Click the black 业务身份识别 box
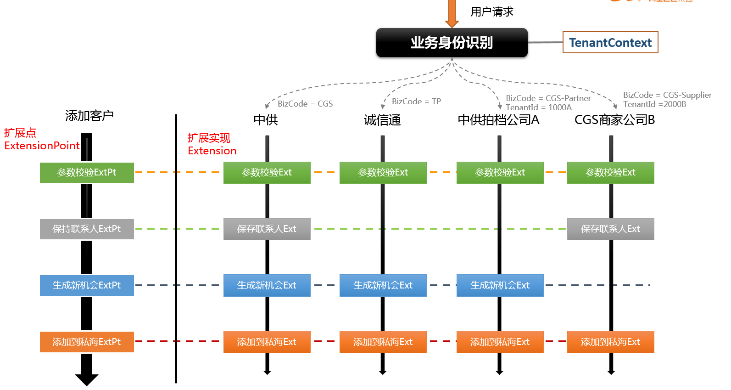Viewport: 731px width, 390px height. [452, 43]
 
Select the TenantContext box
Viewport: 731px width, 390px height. [610, 43]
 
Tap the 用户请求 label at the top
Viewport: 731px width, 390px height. [492, 12]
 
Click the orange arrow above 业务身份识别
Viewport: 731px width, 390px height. [452, 14]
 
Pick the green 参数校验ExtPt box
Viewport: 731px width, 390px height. [87, 173]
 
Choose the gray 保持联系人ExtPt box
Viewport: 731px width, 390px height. [87, 229]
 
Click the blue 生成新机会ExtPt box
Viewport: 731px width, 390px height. [87, 285]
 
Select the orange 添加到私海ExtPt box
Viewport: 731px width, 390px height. [87, 342]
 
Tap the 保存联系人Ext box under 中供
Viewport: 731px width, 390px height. [267, 229]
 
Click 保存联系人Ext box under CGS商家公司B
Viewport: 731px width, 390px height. [610, 229]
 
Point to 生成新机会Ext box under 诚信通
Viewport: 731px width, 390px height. [383, 285]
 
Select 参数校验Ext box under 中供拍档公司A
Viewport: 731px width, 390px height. [500, 173]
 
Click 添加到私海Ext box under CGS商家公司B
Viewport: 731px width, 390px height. [610, 342]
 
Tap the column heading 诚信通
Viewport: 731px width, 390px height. [382, 120]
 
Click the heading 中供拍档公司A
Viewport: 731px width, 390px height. [498, 120]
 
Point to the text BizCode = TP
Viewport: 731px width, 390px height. [416, 102]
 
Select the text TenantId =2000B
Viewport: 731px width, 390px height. [654, 104]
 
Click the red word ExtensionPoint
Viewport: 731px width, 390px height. [42, 146]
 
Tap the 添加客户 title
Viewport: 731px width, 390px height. [89, 116]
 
